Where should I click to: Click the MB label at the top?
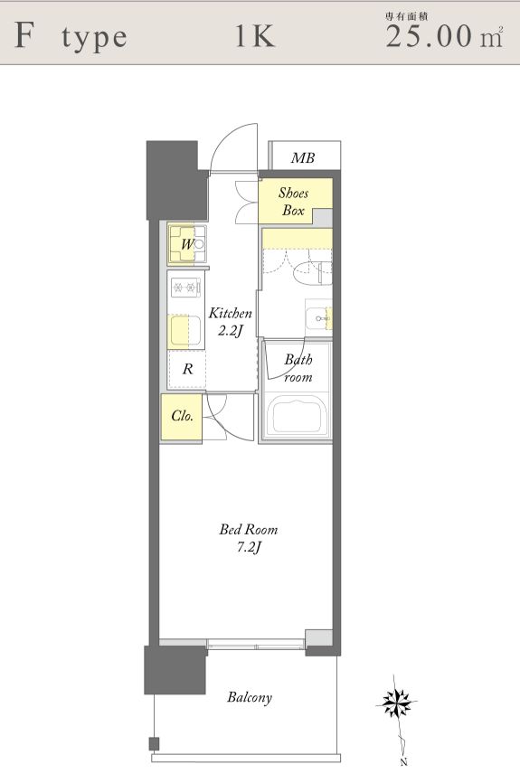[x=303, y=158]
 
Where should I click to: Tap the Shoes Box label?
[x=293, y=202]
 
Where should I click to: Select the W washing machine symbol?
[x=186, y=244]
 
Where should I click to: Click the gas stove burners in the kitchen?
[x=185, y=287]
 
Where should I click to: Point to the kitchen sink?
[x=185, y=330]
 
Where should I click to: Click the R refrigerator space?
[x=187, y=369]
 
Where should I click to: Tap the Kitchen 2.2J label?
[x=230, y=321]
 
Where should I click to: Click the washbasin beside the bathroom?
[x=318, y=318]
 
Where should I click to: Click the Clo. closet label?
[x=182, y=416]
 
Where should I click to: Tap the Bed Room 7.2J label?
[x=249, y=538]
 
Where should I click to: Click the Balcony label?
[x=250, y=697]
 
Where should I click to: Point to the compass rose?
[x=395, y=701]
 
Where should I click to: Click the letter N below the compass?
[x=404, y=762]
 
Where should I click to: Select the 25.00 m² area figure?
[x=444, y=36]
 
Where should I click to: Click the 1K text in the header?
[x=254, y=36]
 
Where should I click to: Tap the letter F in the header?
[x=25, y=35]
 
